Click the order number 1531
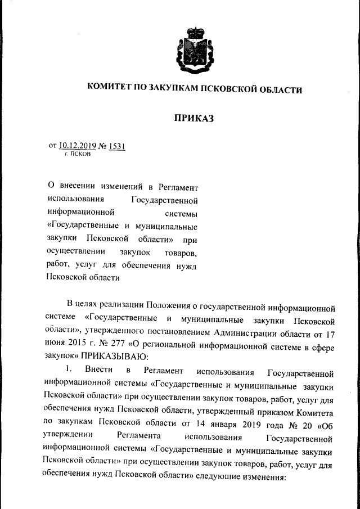[x=117, y=146]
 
